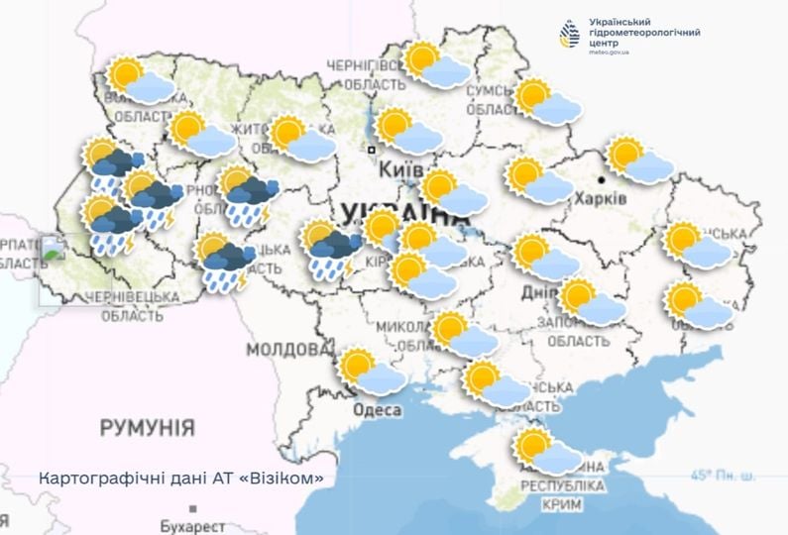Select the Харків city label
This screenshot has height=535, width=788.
point(601,198)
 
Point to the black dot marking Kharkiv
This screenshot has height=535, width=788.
point(604,180)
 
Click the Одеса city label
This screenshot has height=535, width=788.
point(376,409)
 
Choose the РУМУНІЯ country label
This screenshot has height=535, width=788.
point(147,428)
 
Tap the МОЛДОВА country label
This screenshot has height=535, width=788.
point(288,350)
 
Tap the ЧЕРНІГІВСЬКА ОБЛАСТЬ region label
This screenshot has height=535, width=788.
point(366,75)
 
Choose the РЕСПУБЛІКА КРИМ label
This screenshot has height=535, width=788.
point(562,495)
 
